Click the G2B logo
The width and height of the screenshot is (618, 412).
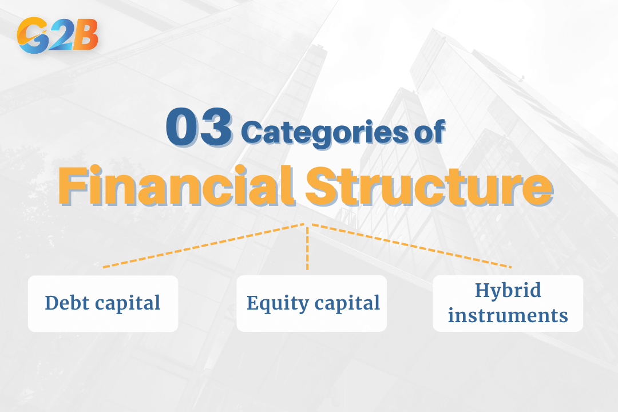[x=58, y=35]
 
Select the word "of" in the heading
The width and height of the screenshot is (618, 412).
[x=429, y=133]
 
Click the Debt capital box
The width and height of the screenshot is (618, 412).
[x=103, y=303]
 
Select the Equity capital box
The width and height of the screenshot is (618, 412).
[x=312, y=303]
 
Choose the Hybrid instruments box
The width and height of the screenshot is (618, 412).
[x=508, y=303]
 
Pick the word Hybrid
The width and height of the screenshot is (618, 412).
[x=508, y=291]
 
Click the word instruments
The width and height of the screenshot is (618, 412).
[x=508, y=315]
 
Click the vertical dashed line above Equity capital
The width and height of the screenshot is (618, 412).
[x=307, y=247]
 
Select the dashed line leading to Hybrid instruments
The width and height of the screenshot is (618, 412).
[x=411, y=246]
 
